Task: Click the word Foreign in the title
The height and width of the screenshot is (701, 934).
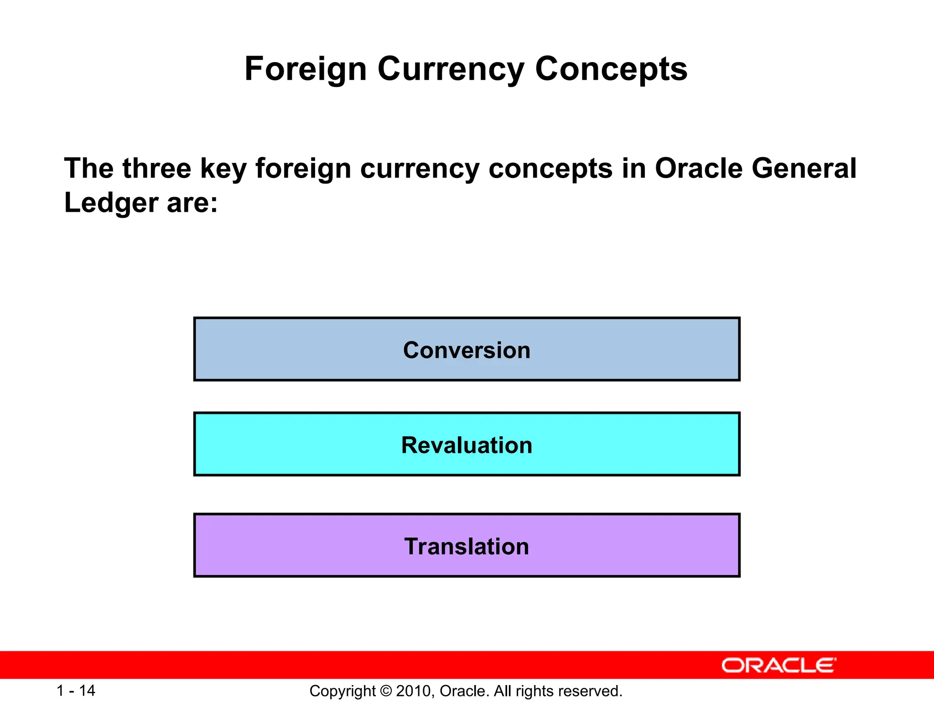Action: click(306, 69)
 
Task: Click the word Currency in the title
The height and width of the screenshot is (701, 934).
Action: click(451, 69)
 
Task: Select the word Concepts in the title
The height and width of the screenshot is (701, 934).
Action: click(611, 69)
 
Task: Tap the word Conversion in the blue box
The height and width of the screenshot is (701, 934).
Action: click(467, 350)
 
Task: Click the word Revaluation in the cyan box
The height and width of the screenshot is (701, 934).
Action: click(467, 445)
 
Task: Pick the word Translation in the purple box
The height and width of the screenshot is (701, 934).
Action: click(467, 547)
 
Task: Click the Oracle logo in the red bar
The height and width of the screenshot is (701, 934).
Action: click(778, 665)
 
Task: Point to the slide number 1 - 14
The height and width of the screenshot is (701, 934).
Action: click(76, 691)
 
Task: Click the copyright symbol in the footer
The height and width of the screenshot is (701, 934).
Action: click(385, 691)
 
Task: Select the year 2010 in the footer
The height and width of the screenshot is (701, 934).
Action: click(413, 691)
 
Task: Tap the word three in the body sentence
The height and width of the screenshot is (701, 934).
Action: click(156, 168)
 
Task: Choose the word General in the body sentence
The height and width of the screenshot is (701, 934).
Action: click(804, 168)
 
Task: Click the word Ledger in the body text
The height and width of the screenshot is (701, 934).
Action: click(111, 203)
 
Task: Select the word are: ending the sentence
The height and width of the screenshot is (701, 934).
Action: click(192, 203)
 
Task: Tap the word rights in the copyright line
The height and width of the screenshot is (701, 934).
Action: click(539, 691)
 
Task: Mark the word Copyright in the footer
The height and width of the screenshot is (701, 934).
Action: click(342, 691)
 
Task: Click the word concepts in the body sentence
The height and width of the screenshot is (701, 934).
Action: click(550, 168)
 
